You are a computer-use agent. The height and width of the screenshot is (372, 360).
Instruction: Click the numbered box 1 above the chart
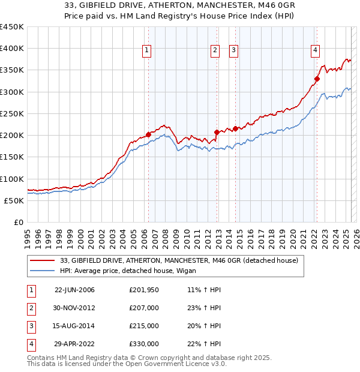[x=147, y=51]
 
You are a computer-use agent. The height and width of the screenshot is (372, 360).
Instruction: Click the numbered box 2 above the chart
[x=214, y=51]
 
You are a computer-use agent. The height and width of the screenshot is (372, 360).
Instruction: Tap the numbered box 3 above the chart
[x=233, y=51]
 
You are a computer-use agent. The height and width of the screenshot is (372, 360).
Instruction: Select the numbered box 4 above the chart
[x=315, y=51]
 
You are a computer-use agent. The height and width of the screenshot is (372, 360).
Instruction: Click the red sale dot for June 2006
[x=148, y=134]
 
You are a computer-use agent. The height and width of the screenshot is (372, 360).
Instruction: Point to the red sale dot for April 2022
[x=317, y=79]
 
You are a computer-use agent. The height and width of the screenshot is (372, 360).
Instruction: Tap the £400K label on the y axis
[x=12, y=49]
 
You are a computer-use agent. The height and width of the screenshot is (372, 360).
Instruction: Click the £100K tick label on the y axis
[x=12, y=179]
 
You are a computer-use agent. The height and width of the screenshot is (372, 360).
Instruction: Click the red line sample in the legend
[x=43, y=260]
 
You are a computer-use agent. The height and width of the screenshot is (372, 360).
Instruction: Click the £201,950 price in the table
[x=143, y=290]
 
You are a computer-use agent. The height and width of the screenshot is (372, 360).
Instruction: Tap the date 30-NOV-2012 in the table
[x=74, y=308]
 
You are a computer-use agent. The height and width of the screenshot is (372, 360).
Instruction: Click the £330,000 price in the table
[x=143, y=344]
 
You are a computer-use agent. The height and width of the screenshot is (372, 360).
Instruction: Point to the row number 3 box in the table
[x=31, y=326]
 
